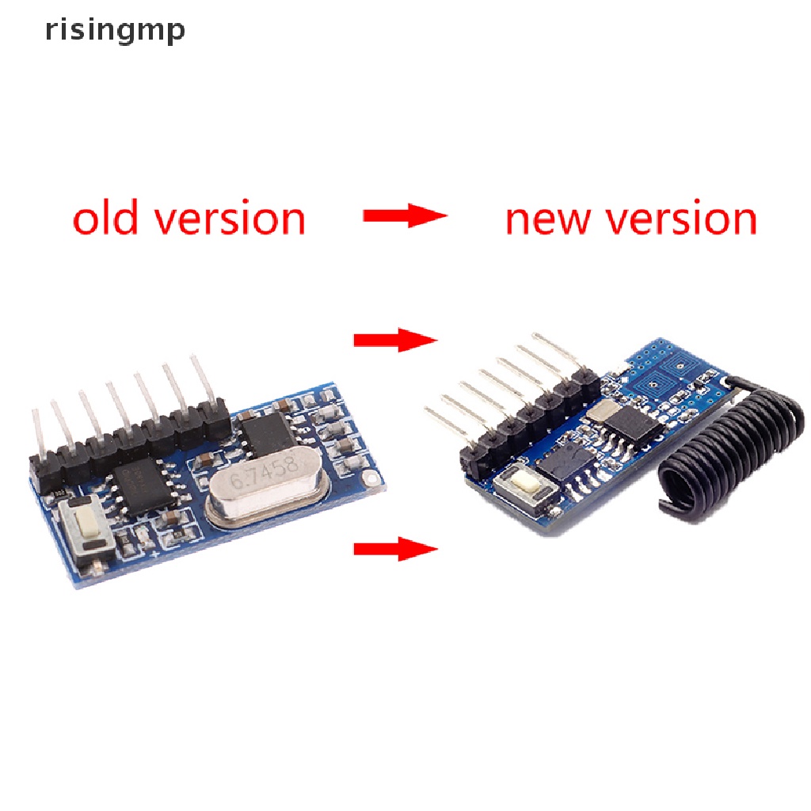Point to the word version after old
coord(230,219)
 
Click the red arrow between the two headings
coord(405,215)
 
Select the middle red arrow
coord(395,341)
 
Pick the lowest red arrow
coord(395,548)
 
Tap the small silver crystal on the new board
coord(606,409)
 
